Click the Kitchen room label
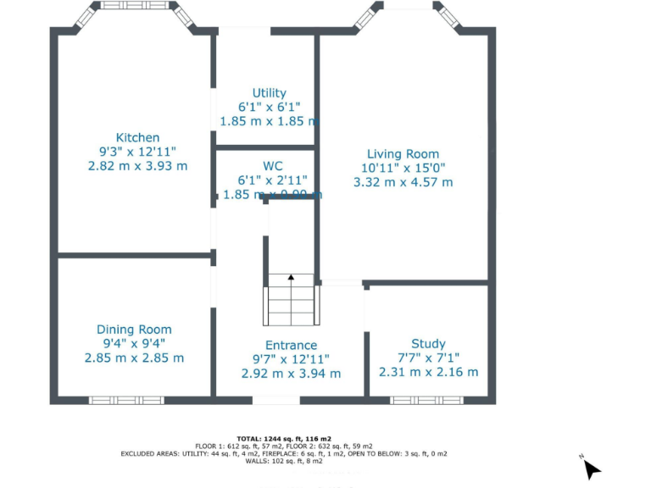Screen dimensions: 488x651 [137, 137]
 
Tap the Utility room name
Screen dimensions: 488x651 [269, 93]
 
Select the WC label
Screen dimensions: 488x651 [272, 166]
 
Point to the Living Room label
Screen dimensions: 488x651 [403, 153]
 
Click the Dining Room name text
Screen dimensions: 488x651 [134, 330]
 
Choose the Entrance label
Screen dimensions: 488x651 [291, 345]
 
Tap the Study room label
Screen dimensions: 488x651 [428, 343]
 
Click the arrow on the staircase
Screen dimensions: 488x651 [291, 277]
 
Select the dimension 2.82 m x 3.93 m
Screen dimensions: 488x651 [137, 166]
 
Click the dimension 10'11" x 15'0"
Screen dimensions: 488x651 [403, 168]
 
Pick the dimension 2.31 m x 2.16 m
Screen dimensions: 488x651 [428, 372]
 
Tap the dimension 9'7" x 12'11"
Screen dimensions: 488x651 [291, 359]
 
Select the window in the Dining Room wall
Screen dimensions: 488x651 [127, 400]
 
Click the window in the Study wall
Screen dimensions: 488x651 [427, 400]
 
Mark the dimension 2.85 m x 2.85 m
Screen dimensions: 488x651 [134, 358]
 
